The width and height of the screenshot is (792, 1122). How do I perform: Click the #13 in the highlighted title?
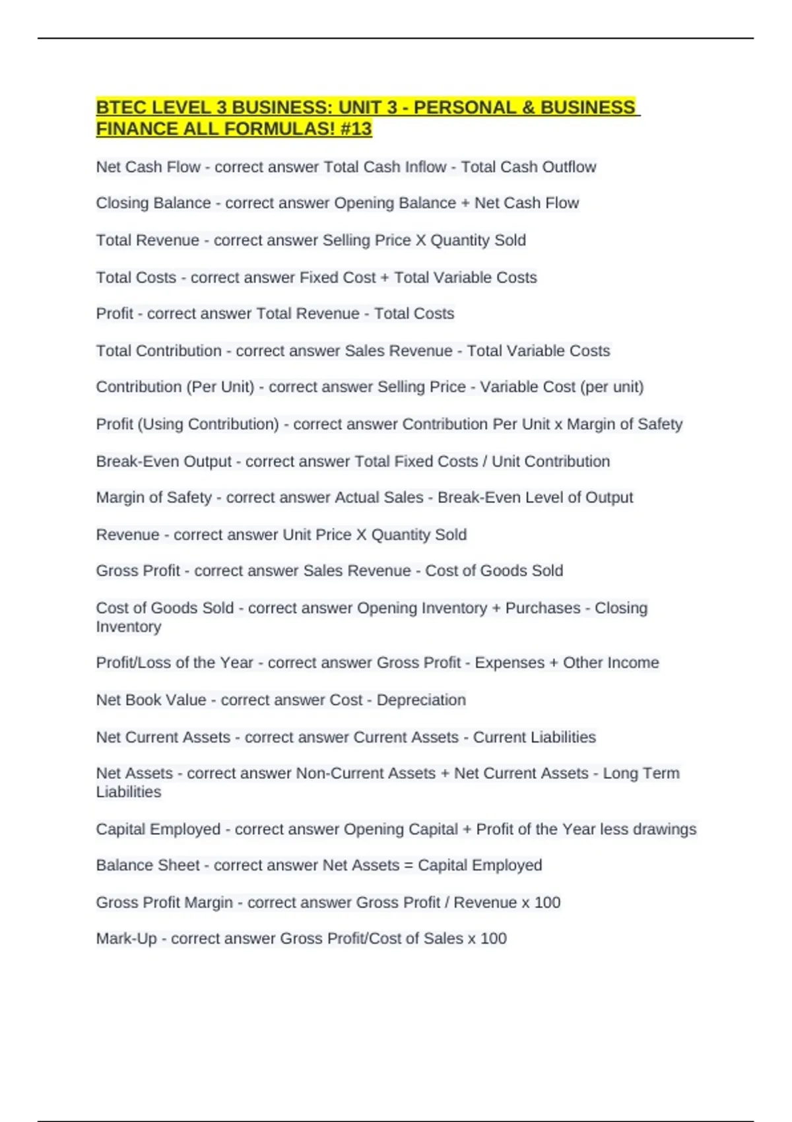pyautogui.click(x=356, y=129)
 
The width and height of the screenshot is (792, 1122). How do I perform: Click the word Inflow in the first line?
pyautogui.click(x=425, y=167)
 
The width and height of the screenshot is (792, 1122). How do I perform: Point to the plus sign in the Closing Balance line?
pyautogui.click(x=465, y=203)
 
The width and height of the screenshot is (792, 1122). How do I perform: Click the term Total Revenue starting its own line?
pyautogui.click(x=147, y=240)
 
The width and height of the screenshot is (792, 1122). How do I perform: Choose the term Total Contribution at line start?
pyautogui.click(x=158, y=350)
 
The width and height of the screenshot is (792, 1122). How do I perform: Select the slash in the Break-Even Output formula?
pyautogui.click(x=485, y=461)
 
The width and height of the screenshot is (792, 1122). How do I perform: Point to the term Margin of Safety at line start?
pyautogui.click(x=154, y=498)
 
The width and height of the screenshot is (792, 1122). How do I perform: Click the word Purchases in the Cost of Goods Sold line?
pyautogui.click(x=543, y=608)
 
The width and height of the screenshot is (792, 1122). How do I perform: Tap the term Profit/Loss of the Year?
pyautogui.click(x=174, y=663)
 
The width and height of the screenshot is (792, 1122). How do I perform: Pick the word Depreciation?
pyautogui.click(x=421, y=700)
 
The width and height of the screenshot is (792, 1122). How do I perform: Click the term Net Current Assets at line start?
pyautogui.click(x=163, y=737)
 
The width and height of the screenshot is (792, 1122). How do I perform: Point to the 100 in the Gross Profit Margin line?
pyautogui.click(x=547, y=902)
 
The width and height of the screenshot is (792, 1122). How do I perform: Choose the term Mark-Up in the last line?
pyautogui.click(x=126, y=939)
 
